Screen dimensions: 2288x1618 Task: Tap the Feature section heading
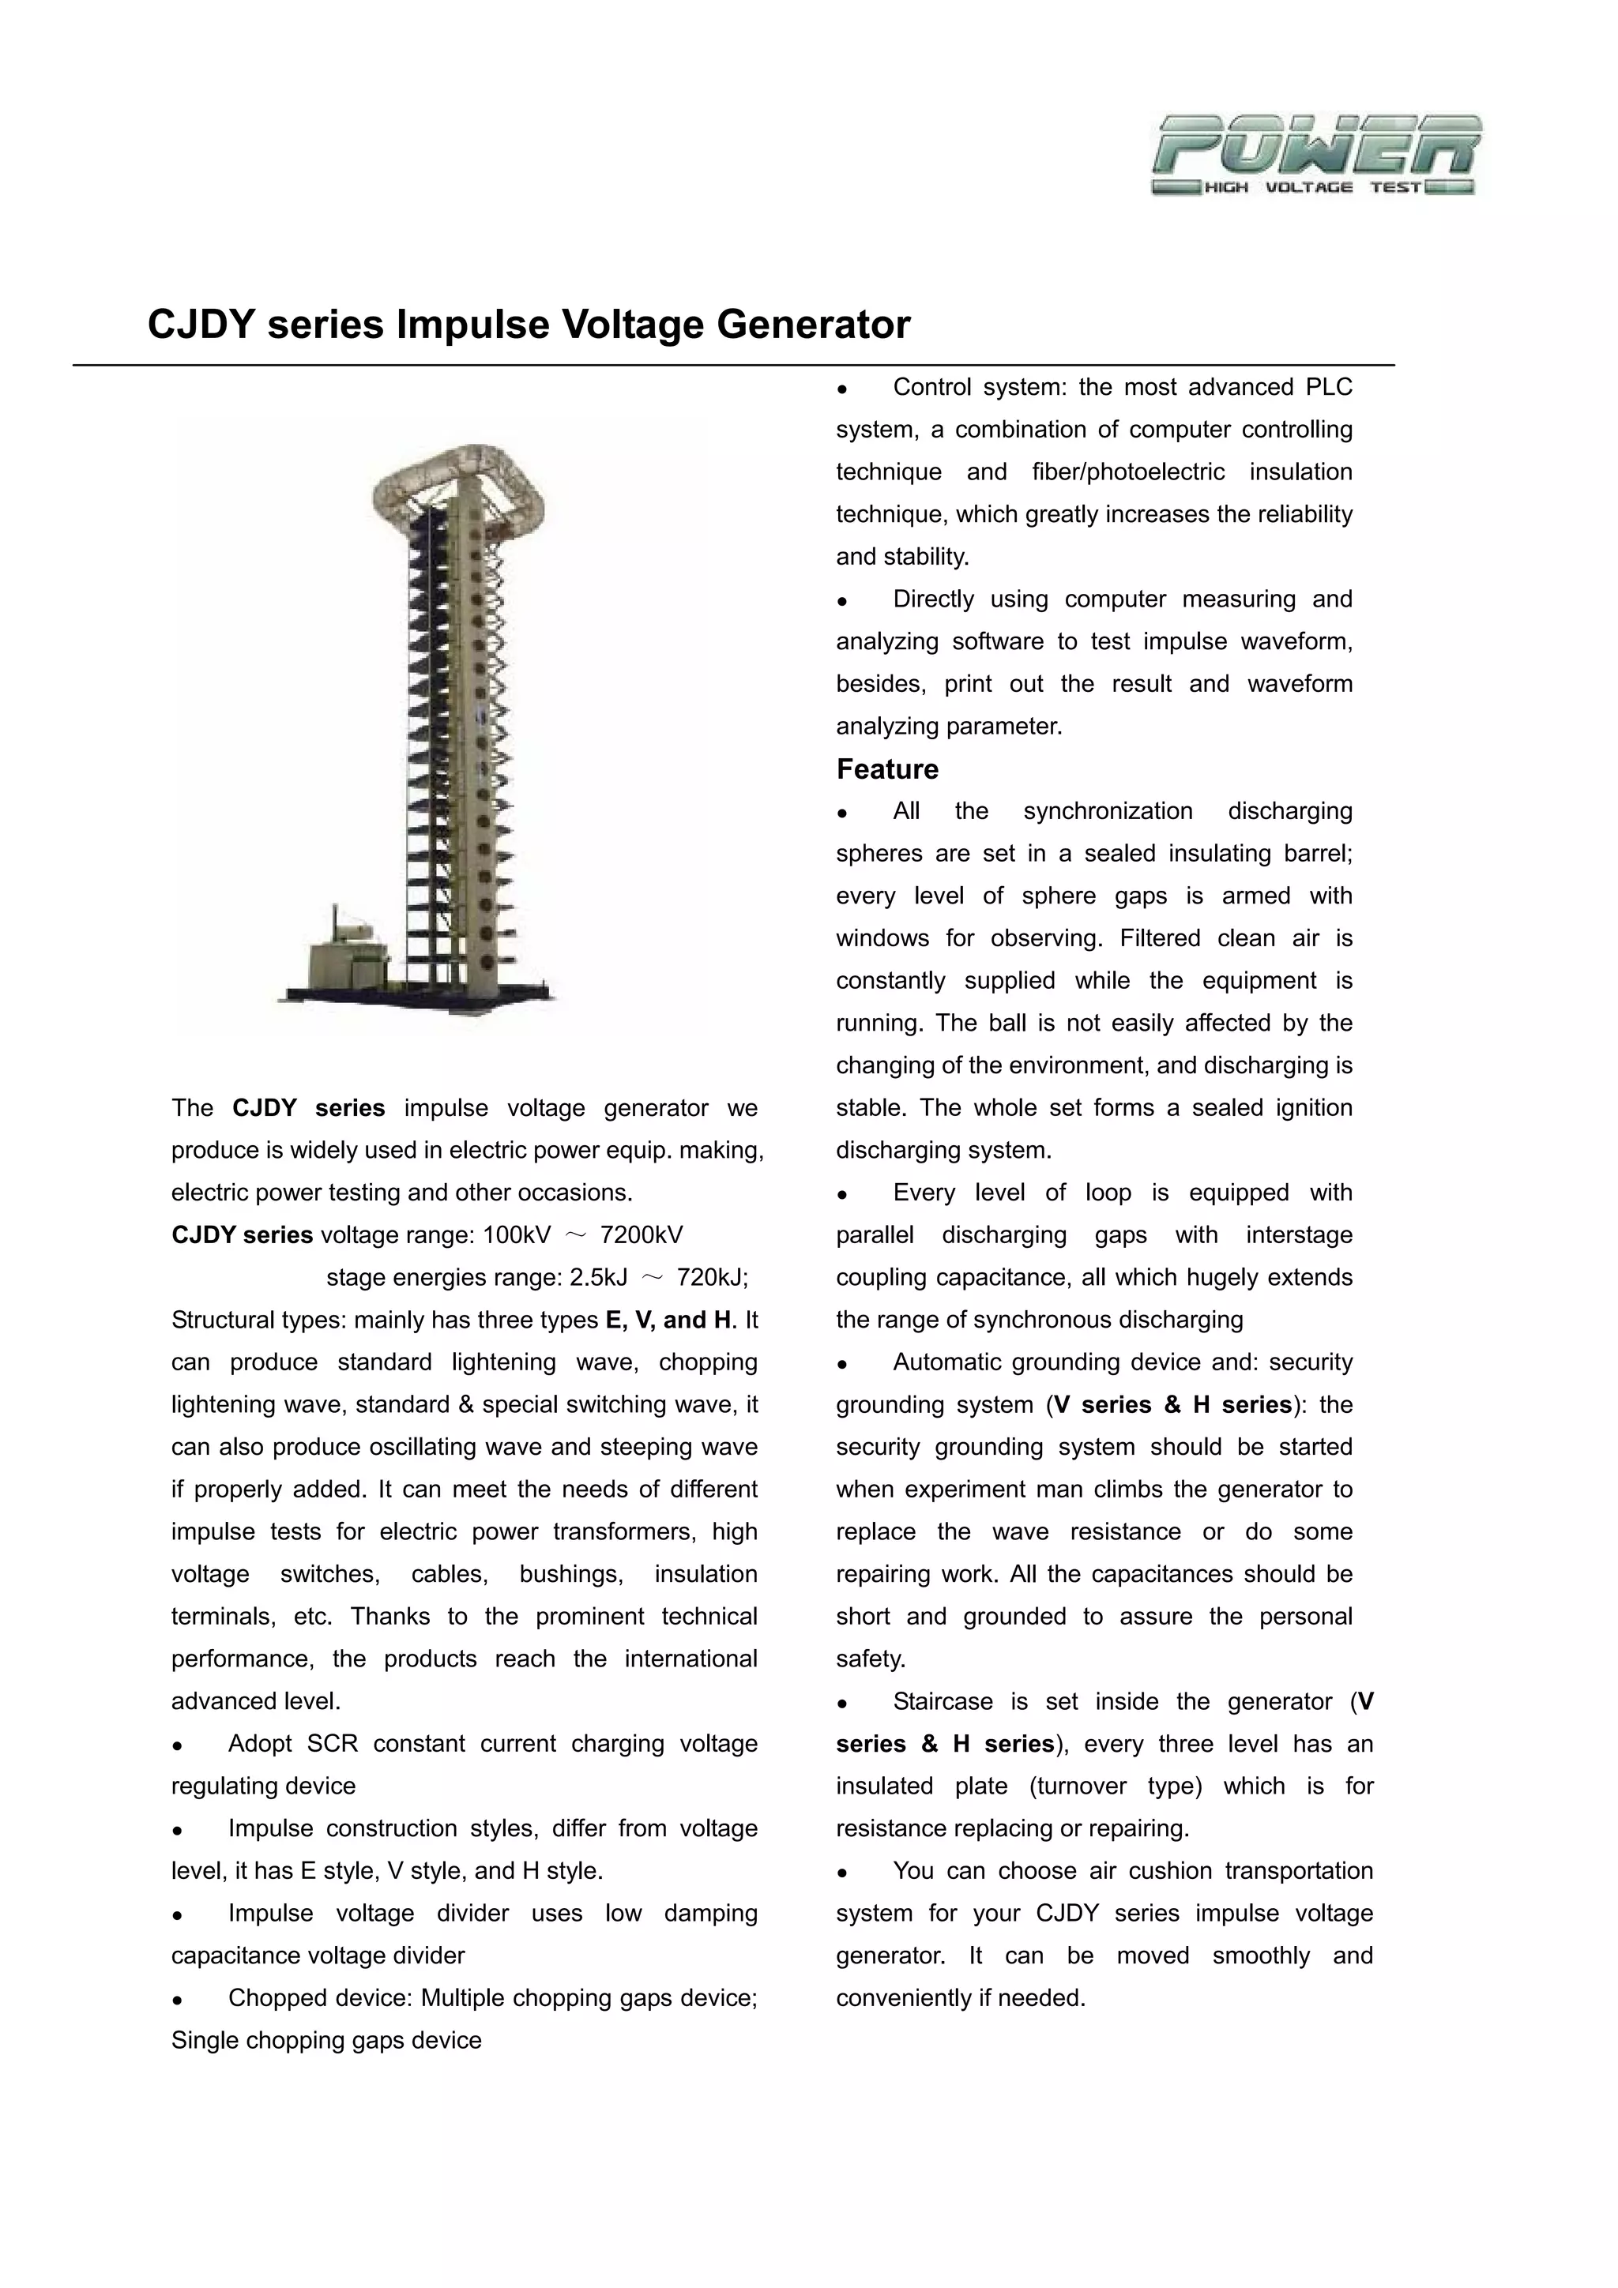click(886, 769)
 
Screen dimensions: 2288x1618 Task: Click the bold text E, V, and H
click(668, 1321)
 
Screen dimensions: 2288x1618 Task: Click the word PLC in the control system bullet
click(1329, 388)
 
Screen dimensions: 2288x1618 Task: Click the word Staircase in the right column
click(942, 1702)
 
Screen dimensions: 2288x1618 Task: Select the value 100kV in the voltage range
click(517, 1236)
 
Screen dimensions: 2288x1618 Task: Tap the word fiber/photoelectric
click(1127, 472)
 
